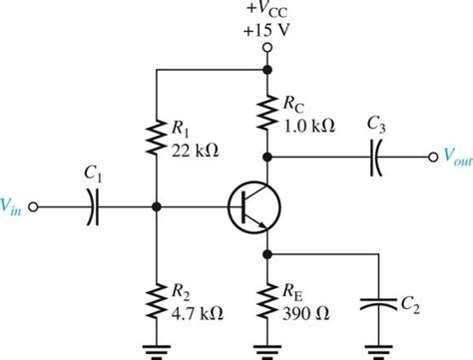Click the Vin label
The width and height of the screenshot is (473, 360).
[13, 206]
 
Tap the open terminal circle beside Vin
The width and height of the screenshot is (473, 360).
[35, 207]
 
